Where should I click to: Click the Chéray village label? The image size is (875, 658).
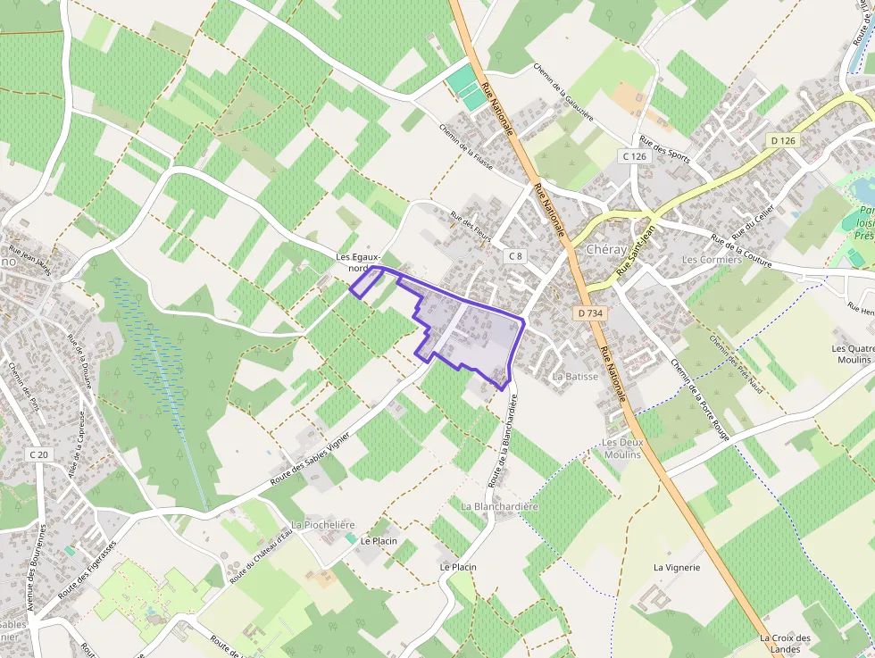pos(607,250)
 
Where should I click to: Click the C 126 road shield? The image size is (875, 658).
pos(634,156)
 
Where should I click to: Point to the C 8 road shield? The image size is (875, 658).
pos(514,256)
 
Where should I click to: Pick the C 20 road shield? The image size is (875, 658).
pos(38,454)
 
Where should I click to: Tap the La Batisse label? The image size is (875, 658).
pos(575,377)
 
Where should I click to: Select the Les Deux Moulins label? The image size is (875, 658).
pos(622,448)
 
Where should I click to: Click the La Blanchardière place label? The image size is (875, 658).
pos(500,506)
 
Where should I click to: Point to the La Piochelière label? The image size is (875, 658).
pos(323,524)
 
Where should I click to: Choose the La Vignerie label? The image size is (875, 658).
pos(677,567)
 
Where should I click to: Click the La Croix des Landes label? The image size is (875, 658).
pos(785,643)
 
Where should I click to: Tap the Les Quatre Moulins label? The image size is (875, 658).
pos(851,354)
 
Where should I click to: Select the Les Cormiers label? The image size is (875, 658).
pos(712,260)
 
